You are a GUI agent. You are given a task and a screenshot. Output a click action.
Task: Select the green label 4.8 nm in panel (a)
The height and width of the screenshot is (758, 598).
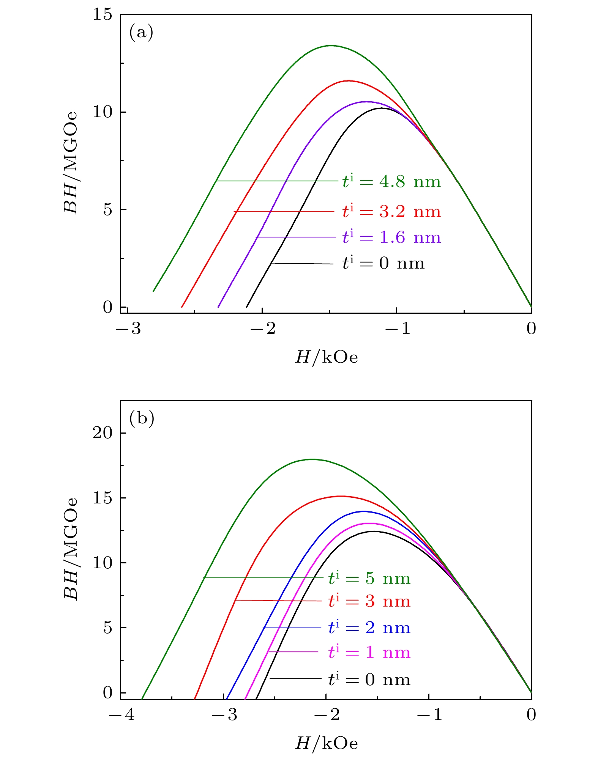click(x=391, y=182)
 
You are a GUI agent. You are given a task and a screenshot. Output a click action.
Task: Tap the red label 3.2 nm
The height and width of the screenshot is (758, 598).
click(x=391, y=211)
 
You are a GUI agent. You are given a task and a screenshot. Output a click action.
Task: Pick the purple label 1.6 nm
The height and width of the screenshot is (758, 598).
click(x=391, y=237)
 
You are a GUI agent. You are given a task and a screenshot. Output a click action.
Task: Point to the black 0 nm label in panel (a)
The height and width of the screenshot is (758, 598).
click(x=383, y=263)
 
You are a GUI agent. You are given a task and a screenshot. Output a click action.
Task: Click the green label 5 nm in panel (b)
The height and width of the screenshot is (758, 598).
click(x=369, y=578)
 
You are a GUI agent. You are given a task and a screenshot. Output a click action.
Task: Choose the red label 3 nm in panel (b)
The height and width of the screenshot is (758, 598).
click(x=369, y=601)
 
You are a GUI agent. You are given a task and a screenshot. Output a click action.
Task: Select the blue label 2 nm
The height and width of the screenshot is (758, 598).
click(x=369, y=628)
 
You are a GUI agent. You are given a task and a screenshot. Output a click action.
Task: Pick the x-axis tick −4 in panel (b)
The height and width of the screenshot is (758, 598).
click(x=121, y=715)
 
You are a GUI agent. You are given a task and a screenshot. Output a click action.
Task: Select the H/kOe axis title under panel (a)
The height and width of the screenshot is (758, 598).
click(x=327, y=357)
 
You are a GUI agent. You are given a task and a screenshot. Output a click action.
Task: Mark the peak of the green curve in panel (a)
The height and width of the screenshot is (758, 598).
click(x=331, y=46)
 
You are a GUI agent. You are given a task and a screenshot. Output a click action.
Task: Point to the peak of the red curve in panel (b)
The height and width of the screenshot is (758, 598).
click(x=341, y=496)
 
